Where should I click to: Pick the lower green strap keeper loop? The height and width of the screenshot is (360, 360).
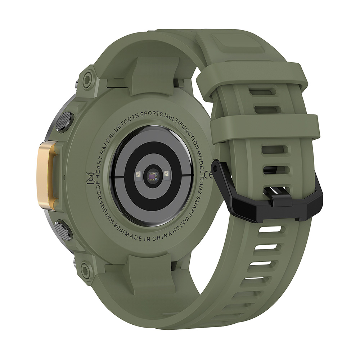tap(265, 128)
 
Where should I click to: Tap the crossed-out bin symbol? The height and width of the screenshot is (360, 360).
tap(91, 177)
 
